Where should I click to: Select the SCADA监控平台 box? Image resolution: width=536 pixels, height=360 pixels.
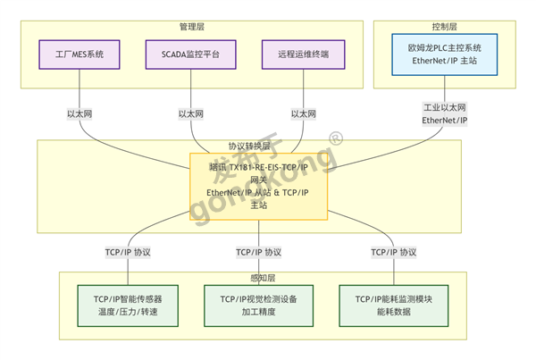coord(192,55)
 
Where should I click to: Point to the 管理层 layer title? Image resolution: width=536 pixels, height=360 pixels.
coord(192,27)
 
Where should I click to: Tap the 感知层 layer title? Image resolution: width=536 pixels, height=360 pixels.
coord(259,278)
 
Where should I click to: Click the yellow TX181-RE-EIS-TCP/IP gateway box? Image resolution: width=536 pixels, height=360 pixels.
coord(259,185)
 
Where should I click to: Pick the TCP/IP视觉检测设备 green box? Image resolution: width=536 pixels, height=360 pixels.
coord(259,306)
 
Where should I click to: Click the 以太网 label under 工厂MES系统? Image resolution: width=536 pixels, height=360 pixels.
coord(80,114)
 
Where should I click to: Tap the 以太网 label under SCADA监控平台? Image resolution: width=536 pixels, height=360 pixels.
coord(192,114)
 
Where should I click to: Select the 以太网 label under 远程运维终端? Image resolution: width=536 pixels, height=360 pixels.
coord(304,114)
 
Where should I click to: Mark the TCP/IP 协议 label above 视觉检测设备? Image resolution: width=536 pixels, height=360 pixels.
coord(259,252)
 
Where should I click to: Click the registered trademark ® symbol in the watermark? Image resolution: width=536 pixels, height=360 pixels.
coord(335,138)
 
